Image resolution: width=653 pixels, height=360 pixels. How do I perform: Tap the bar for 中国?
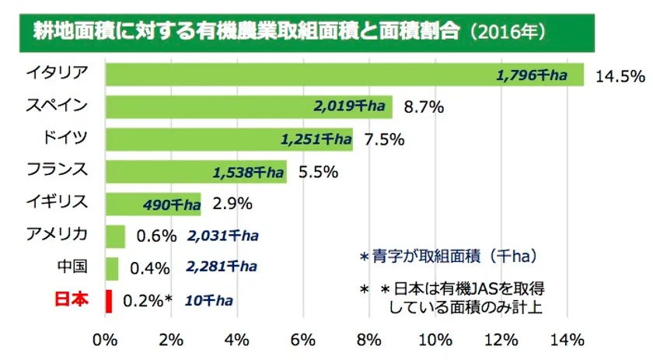pyautogui.click(x=111, y=267)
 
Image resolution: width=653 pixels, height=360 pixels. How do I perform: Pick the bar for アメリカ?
pyautogui.click(x=114, y=236)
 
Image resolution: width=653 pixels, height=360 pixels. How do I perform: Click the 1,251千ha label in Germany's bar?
pyautogui.click(x=316, y=139)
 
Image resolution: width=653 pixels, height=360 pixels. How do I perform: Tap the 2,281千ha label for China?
pyautogui.click(x=222, y=267)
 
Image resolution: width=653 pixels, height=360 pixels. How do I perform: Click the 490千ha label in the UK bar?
pyautogui.click(x=172, y=204)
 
